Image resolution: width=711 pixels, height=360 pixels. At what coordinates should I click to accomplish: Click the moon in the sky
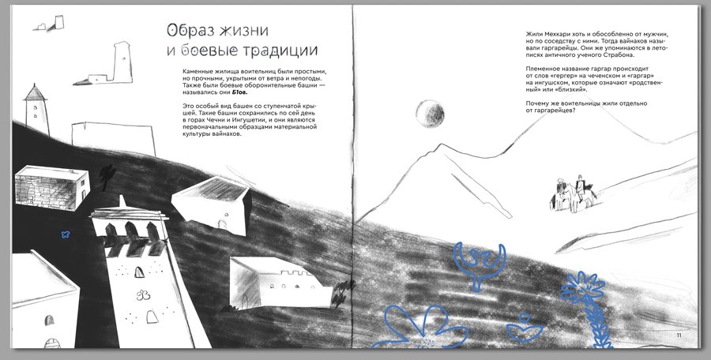pos(430,114)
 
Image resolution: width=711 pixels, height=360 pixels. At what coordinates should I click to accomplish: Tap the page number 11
pos(679,336)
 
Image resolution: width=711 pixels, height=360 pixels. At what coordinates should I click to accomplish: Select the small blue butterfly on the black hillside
pos(66,234)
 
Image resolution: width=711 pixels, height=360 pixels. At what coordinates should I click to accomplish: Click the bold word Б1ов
pos(240,92)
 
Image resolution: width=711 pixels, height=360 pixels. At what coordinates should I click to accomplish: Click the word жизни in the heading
pos(244,31)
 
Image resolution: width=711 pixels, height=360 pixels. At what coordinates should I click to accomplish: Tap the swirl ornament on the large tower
pos(143,295)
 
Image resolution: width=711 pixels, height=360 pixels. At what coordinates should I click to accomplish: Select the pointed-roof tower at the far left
pos(36,109)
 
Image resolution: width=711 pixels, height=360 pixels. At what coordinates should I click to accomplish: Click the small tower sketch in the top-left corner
pos(49,23)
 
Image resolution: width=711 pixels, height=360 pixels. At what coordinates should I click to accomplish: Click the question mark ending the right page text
pos(574,111)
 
